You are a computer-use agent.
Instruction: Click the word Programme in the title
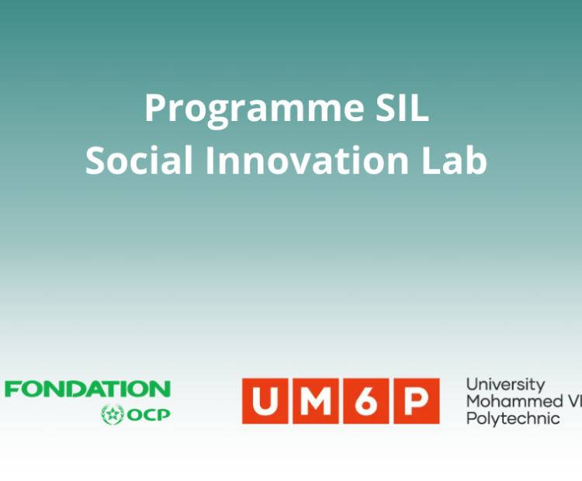(x=255, y=109)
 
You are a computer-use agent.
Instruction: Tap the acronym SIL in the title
(x=402, y=107)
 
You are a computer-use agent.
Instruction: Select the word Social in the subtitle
(x=139, y=160)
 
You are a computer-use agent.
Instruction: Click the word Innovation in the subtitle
(x=307, y=160)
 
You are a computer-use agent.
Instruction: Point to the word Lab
(x=454, y=160)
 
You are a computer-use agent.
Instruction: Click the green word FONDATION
(x=88, y=389)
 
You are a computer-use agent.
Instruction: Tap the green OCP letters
(x=148, y=414)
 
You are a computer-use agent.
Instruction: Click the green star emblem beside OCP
(x=113, y=414)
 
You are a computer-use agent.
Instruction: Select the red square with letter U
(x=265, y=401)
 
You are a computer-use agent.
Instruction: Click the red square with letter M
(x=316, y=401)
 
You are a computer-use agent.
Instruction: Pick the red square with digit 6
(x=366, y=401)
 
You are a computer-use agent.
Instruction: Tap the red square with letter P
(x=417, y=401)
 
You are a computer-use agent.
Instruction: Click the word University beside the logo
(x=505, y=386)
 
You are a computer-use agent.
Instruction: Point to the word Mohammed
(x=514, y=401)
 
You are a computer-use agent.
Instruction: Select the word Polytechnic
(x=513, y=419)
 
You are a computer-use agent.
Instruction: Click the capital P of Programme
(x=155, y=108)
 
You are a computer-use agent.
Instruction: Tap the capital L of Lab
(x=431, y=160)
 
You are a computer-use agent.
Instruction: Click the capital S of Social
(x=96, y=160)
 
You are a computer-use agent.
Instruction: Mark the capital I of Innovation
(x=210, y=160)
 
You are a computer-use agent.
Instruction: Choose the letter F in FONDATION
(x=12, y=389)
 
